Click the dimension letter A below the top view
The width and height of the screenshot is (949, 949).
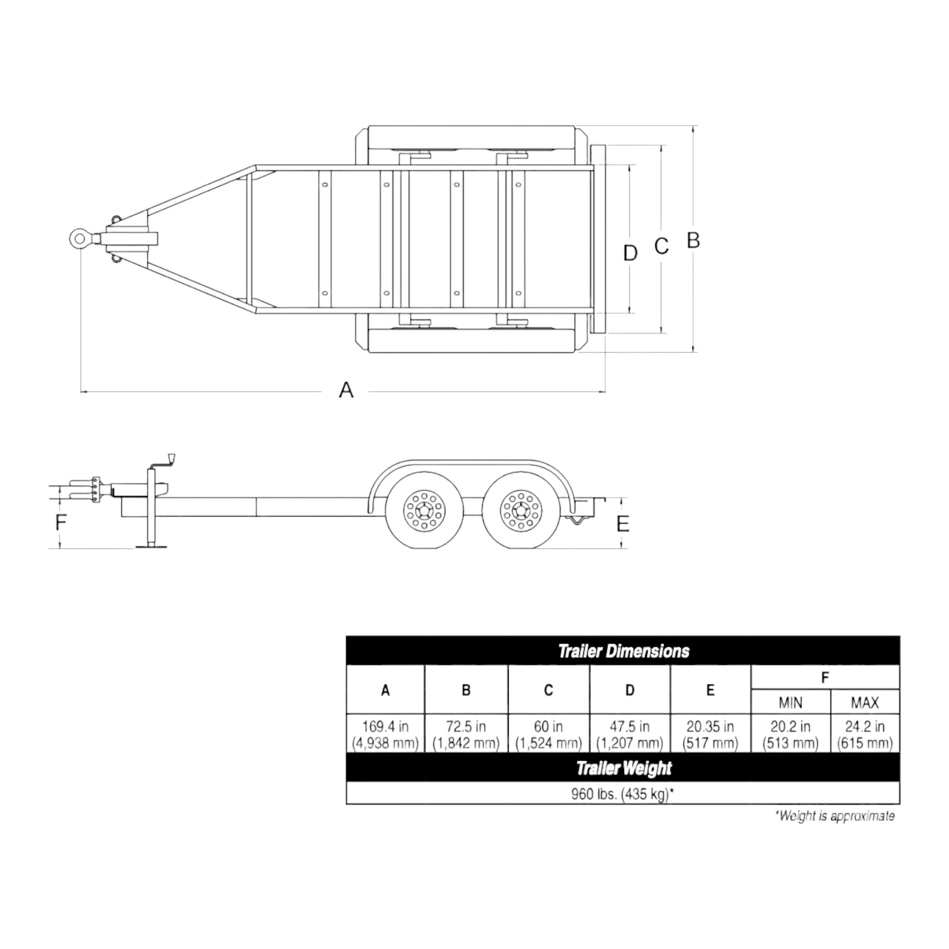point(346,390)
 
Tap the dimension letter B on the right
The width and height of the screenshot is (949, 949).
point(692,240)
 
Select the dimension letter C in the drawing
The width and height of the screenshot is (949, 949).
point(661,246)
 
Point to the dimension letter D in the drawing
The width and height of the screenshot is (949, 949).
point(630,253)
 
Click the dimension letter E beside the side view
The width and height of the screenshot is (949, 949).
point(622,524)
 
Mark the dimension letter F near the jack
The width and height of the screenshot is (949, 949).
point(60,522)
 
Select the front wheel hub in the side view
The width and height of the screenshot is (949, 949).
point(423,511)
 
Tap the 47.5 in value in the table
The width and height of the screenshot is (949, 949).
point(629,727)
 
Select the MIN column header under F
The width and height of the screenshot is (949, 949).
point(791,703)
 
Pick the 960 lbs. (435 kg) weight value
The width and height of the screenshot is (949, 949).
point(622,794)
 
